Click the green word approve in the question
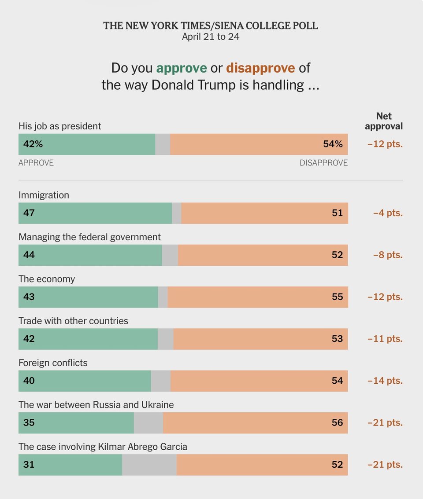tap(182, 68)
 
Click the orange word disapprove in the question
tap(260, 68)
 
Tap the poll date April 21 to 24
tap(211, 37)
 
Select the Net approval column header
tap(384, 121)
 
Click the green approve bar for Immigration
tap(95, 213)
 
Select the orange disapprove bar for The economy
tap(258, 297)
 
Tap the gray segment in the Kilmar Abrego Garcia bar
tap(149, 465)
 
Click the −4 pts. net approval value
tap(387, 213)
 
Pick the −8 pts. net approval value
tap(387, 255)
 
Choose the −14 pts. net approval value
tap(385, 381)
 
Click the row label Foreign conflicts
tap(53, 363)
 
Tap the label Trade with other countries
tap(73, 321)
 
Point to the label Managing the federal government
tap(89, 237)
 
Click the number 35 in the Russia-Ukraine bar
tap(29, 423)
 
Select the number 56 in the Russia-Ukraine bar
tap(337, 423)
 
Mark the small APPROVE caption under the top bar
tap(36, 163)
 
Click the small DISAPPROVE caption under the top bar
tap(323, 163)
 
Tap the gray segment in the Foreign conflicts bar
tap(161, 381)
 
